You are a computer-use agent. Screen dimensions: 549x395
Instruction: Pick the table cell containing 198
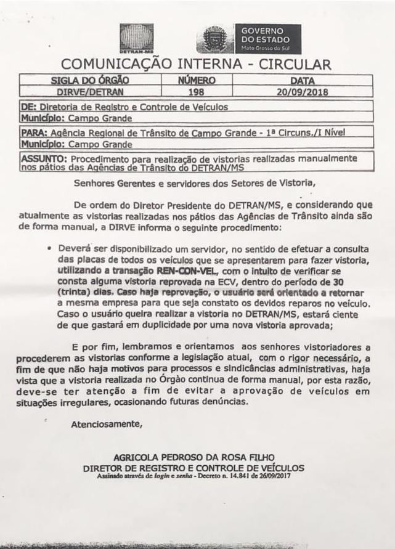[196, 92]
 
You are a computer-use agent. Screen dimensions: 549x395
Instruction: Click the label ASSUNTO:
[38, 159]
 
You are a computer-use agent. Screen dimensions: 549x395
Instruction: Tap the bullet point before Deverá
[48, 248]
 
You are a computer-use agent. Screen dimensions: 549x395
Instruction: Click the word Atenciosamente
[107, 424]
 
